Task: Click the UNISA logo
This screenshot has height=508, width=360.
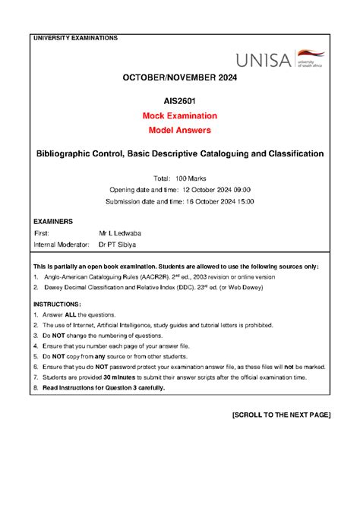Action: tap(281, 59)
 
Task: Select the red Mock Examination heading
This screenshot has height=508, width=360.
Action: tap(181, 115)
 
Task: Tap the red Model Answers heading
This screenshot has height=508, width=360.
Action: tap(181, 131)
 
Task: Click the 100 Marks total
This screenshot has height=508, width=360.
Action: tap(192, 176)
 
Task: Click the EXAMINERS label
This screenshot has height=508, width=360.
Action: tap(53, 221)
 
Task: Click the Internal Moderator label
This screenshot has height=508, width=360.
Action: tap(61, 245)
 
